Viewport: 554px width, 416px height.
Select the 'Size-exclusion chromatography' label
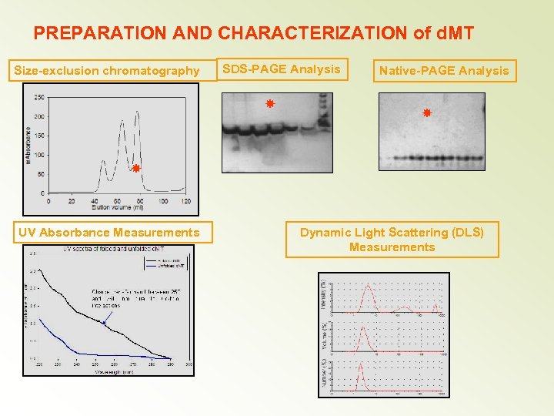(x=107, y=71)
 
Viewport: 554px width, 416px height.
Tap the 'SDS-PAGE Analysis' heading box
(x=281, y=69)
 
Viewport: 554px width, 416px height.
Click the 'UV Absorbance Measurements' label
(x=107, y=233)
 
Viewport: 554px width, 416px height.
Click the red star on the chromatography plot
(x=135, y=168)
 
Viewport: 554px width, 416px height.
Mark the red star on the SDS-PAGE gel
(x=269, y=103)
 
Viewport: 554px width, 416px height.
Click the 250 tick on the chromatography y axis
(x=38, y=97)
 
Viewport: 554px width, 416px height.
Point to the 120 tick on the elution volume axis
(x=185, y=201)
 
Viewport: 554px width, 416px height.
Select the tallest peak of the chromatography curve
(x=137, y=113)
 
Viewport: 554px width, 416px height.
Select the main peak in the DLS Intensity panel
(x=369, y=286)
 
